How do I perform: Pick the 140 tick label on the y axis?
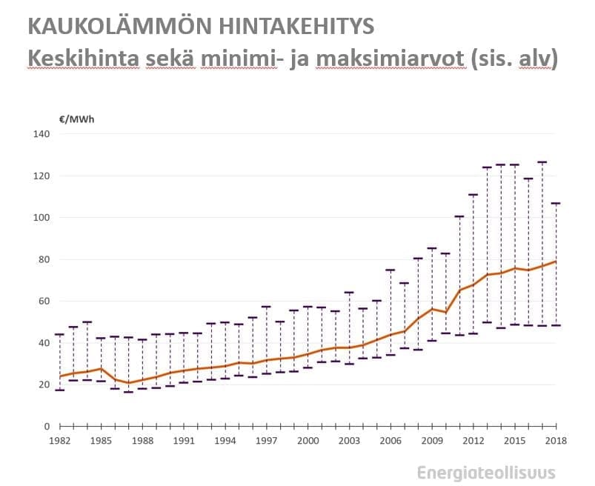click(x=41, y=134)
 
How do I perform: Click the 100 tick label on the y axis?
click(x=41, y=218)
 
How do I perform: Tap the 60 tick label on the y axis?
click(x=44, y=301)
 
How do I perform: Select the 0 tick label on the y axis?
click(x=47, y=427)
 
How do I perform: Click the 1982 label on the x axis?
click(x=59, y=441)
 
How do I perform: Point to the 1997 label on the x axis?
click(x=266, y=441)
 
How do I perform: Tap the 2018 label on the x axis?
click(x=556, y=441)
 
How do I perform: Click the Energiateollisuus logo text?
click(x=485, y=473)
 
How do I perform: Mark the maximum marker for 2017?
click(x=542, y=162)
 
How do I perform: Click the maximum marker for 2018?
click(x=556, y=203)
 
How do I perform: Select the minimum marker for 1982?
click(x=59, y=390)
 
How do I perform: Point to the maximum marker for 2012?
click(x=473, y=195)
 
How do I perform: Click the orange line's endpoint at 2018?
click(x=556, y=262)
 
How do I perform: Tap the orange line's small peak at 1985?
click(x=101, y=368)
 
